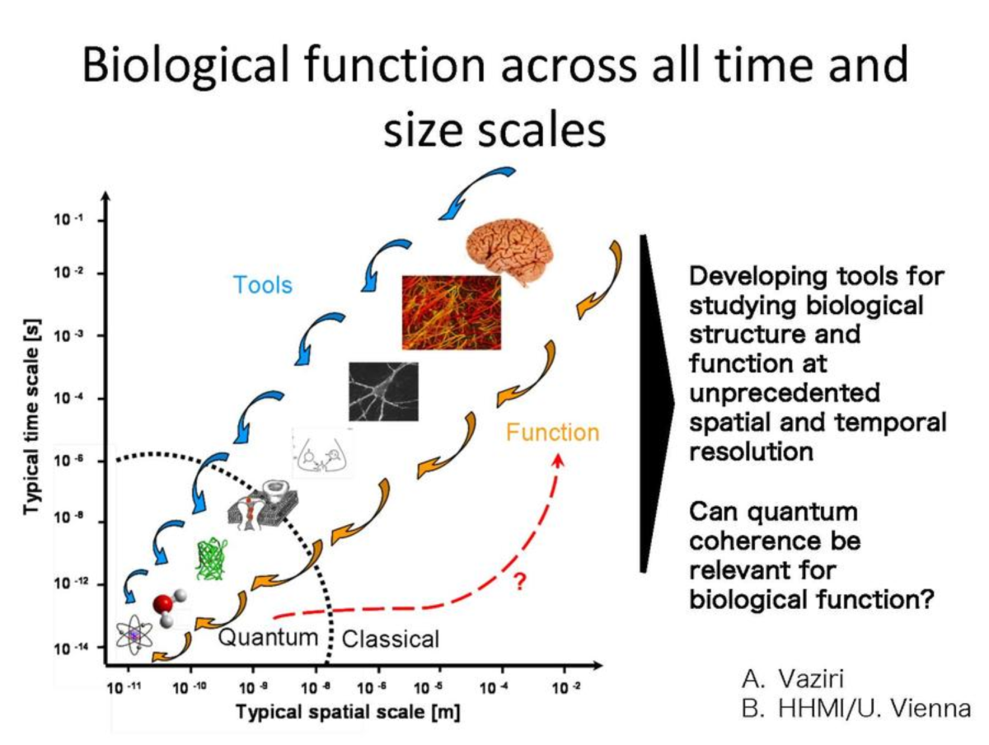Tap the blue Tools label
tap(263, 285)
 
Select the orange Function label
tap(552, 432)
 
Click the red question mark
tap(520, 582)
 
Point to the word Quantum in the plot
tap(268, 637)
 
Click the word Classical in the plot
tap(390, 639)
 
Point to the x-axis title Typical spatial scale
tap(349, 711)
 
